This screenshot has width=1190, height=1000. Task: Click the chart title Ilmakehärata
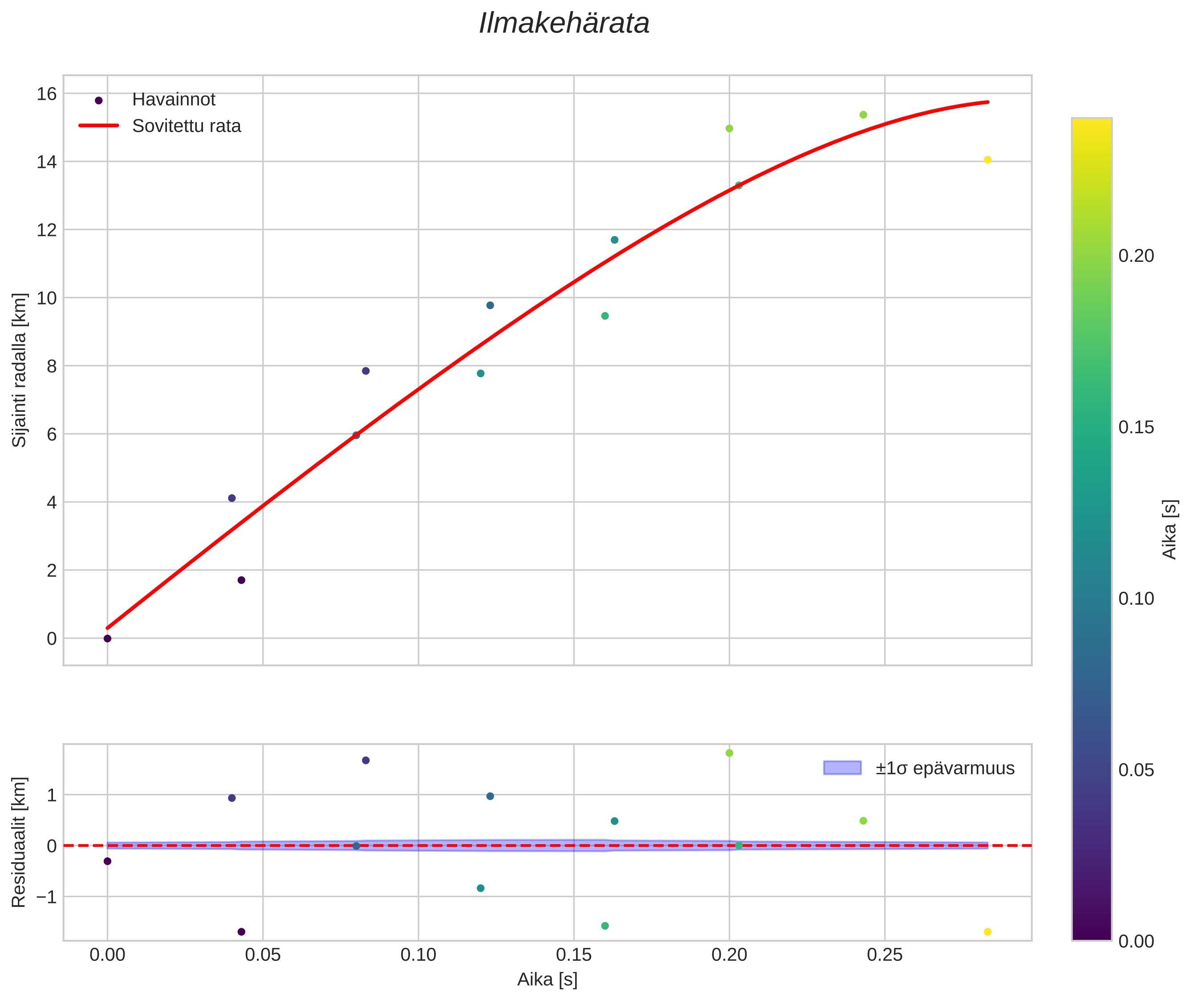point(564,24)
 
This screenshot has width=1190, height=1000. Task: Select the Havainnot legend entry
point(174,100)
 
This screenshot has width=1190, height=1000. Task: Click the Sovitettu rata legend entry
point(187,126)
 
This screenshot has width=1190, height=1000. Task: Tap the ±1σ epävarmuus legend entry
point(945,768)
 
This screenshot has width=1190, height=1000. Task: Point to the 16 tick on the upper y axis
point(47,93)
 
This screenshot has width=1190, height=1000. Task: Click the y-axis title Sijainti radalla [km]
point(20,370)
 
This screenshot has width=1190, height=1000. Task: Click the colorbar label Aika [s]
point(1170,529)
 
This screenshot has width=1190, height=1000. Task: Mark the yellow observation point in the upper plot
point(987,160)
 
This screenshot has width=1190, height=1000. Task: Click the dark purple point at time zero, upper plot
point(108,638)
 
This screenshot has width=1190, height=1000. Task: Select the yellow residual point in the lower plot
point(987,932)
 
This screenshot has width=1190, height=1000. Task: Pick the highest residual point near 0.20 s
point(730,753)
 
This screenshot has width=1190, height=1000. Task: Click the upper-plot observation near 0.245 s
point(863,115)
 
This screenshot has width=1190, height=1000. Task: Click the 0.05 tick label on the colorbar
point(1136,770)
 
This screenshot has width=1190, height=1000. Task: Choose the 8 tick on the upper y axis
point(52,366)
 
